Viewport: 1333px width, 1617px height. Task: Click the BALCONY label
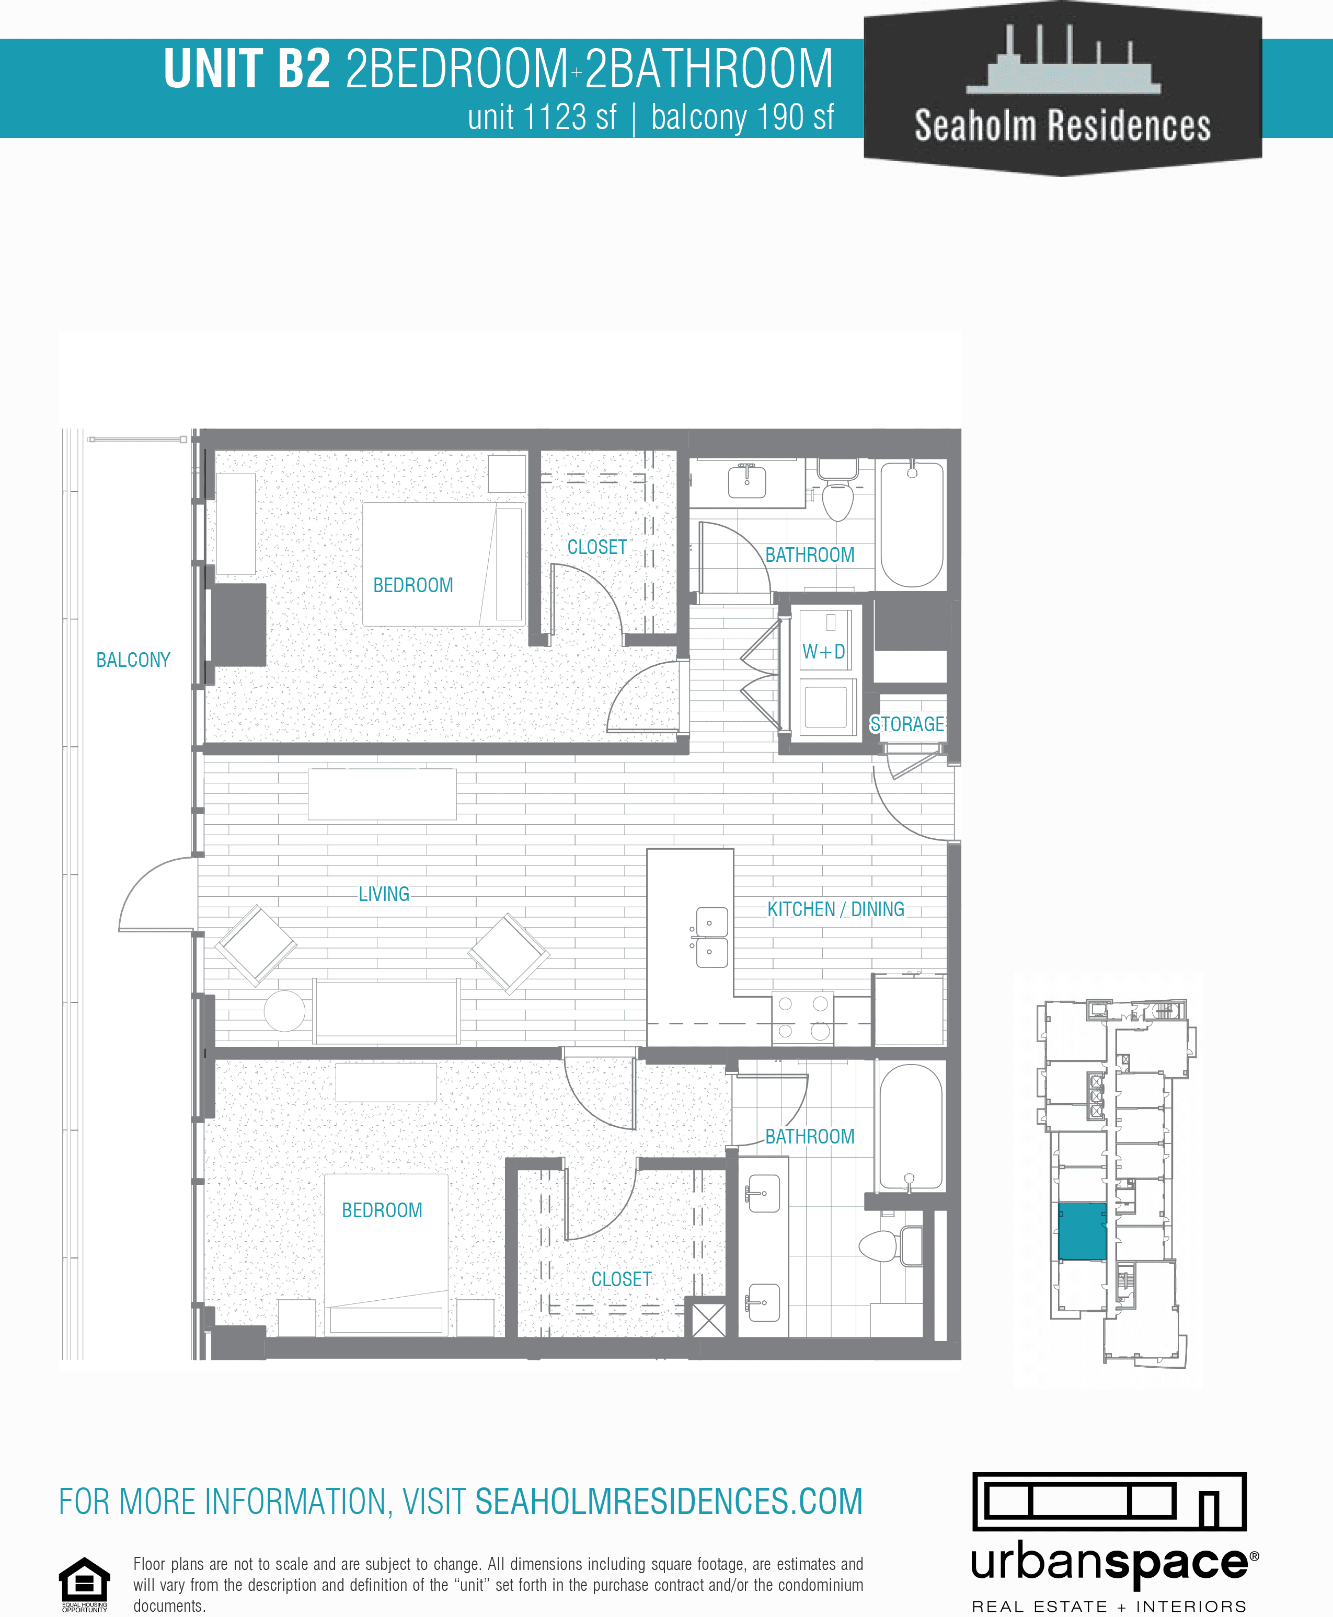coord(133,660)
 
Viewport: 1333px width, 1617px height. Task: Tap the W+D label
coord(823,652)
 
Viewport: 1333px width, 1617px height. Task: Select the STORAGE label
coord(907,724)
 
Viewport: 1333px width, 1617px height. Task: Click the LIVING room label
coord(384,894)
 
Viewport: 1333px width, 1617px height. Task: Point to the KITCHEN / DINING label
coord(835,909)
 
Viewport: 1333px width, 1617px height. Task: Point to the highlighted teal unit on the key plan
coord(1082,1231)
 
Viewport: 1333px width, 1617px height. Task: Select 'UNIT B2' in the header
coord(247,69)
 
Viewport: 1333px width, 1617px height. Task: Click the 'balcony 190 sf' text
coord(742,118)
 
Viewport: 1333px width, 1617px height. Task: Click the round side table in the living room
coord(285,1010)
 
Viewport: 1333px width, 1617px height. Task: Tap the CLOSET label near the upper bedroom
coord(596,547)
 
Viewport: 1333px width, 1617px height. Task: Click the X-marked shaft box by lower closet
coord(709,1320)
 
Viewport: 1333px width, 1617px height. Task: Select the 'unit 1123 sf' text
coord(542,118)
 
